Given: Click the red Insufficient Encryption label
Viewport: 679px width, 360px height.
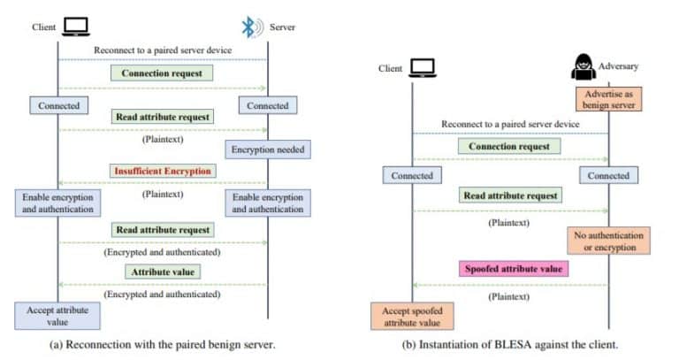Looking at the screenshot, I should pyautogui.click(x=162, y=171).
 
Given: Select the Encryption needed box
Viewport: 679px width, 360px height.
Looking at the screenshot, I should pyautogui.click(x=267, y=149).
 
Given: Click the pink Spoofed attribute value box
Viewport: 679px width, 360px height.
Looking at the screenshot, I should pyautogui.click(x=514, y=268).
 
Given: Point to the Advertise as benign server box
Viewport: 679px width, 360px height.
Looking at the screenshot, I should pyautogui.click(x=608, y=99).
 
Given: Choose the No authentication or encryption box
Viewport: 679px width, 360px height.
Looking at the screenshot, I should pyautogui.click(x=609, y=241).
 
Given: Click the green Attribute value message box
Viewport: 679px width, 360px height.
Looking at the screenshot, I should pyautogui.click(x=162, y=272).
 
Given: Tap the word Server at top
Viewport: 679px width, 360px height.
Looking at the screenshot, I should pyautogui.click(x=282, y=27).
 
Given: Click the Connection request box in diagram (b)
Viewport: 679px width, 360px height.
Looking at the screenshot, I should pyautogui.click(x=509, y=146).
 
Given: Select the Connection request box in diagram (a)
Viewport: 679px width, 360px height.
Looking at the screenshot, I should pyautogui.click(x=161, y=73).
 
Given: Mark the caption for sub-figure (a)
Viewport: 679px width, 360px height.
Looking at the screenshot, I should pyautogui.click(x=163, y=345).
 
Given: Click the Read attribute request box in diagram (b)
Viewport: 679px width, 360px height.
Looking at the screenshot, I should pyautogui.click(x=509, y=195).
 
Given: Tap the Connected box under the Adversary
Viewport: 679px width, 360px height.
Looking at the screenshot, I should pyautogui.click(x=608, y=176).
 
